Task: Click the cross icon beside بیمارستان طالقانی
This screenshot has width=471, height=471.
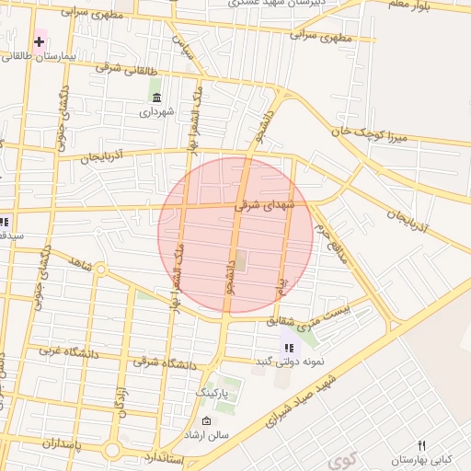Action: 39,41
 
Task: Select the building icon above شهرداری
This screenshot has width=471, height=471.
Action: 156,98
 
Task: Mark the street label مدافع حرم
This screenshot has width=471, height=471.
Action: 330,241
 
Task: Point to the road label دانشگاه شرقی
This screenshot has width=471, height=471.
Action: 166,362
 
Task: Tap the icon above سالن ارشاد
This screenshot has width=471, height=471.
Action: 206,420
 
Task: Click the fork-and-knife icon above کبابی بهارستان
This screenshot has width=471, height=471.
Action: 422,445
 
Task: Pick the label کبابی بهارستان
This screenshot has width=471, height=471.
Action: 419,459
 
